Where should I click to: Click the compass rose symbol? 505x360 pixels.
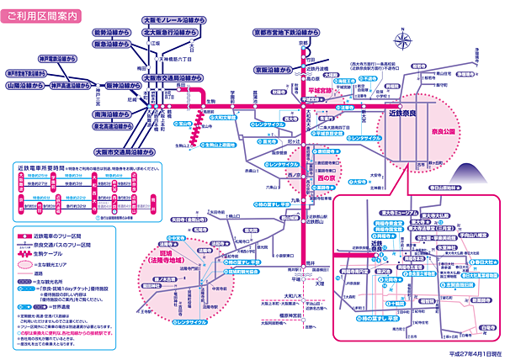(406, 40)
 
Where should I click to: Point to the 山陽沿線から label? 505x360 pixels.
(24, 85)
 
